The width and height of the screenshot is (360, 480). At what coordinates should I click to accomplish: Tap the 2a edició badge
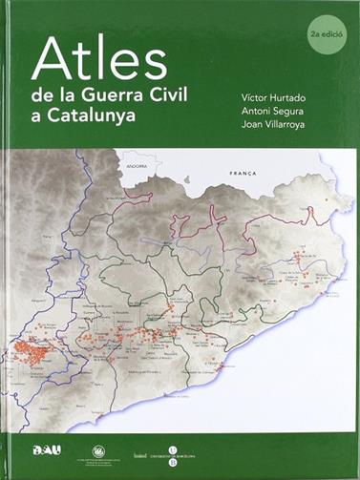328,32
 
